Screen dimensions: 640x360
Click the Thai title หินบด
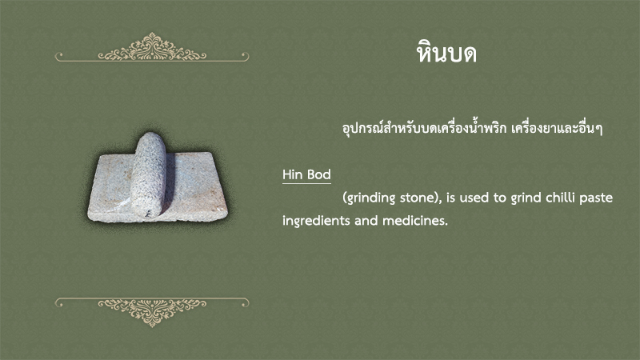point(446,53)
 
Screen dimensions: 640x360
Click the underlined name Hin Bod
point(306,174)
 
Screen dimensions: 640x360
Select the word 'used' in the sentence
point(474,198)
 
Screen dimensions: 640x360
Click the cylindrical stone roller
point(148,174)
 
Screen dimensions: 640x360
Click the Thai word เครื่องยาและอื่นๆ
point(557,129)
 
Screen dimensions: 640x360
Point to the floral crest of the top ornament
point(152,47)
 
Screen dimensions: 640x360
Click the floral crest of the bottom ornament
point(152,311)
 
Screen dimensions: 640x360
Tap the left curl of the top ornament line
point(59,55)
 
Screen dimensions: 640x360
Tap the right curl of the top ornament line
point(245,55)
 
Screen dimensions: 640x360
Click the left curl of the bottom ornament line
point(59,302)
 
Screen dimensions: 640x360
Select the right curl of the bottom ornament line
point(245,302)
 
